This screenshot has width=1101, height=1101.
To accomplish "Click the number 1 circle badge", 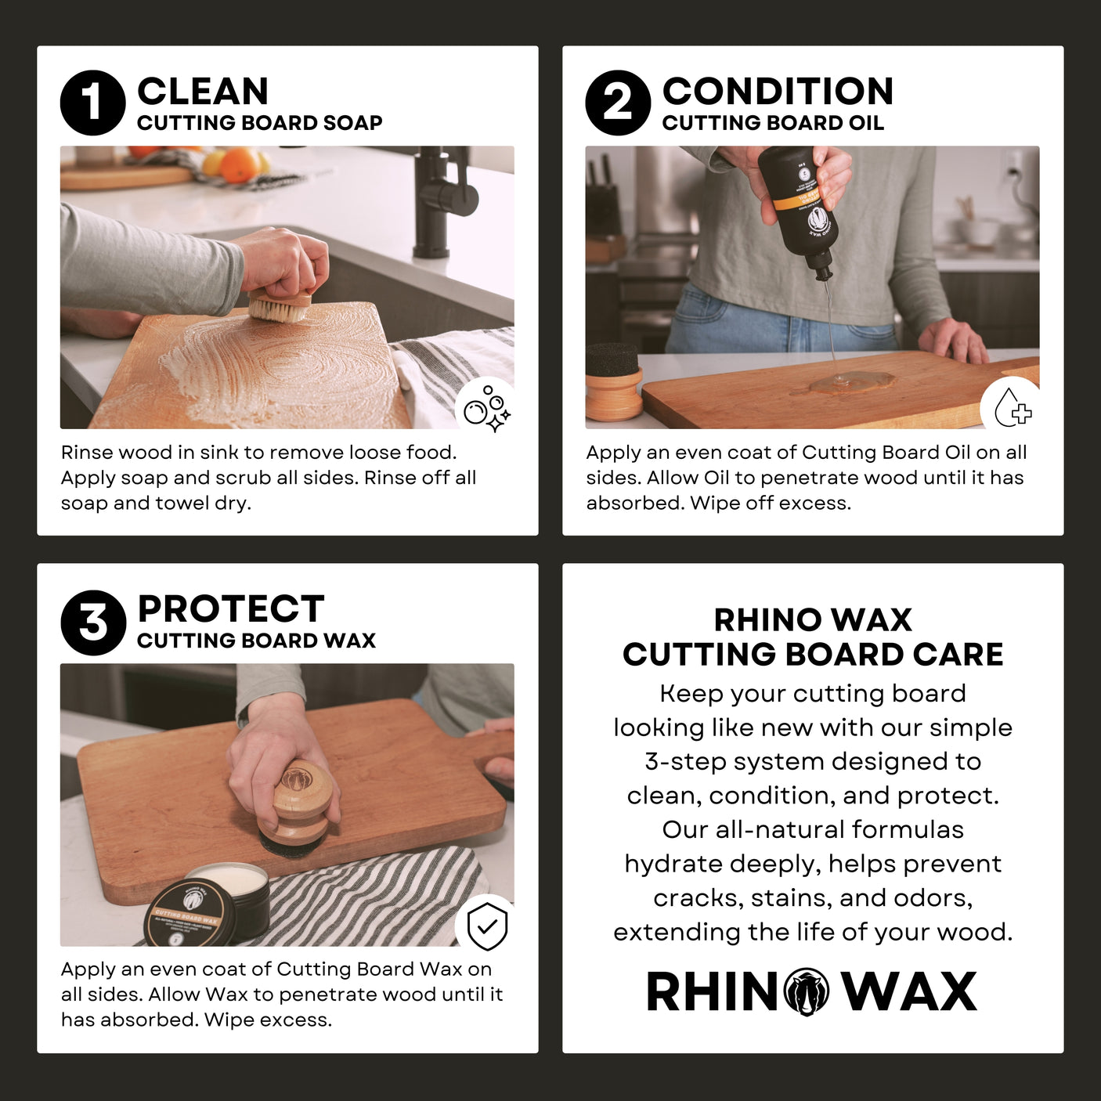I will pos(92,103).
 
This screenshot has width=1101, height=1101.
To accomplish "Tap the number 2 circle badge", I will pos(618,103).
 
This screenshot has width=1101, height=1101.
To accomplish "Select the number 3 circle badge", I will pos(93,623).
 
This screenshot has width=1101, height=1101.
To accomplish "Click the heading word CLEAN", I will pos(203,91).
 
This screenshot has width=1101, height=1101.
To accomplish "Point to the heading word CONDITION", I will pos(777,91).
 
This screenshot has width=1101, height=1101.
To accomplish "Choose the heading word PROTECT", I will pos(230,608).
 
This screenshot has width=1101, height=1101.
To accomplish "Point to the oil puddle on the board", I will pos(854,382).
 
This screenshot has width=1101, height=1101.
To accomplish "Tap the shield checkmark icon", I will pos(487,926).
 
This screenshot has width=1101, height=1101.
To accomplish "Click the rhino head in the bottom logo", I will pos(807,992).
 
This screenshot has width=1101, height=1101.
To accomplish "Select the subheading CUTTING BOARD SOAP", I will pos(259,123).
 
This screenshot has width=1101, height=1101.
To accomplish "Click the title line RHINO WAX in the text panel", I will pos(812,619).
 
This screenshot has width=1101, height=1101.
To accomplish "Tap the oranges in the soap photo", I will pos(238,164).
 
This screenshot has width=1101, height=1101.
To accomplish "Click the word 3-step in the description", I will pos(685,761).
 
